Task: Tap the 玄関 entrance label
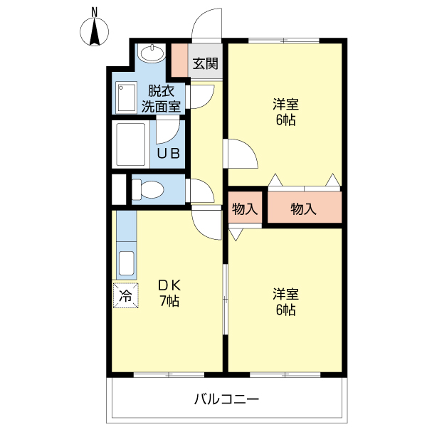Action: point(206,63)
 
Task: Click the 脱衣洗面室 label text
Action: point(161,99)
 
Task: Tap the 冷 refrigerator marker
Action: point(125,296)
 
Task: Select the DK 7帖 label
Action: point(169,292)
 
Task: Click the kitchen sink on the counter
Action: point(126,263)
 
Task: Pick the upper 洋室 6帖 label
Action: point(285,111)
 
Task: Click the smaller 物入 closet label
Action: point(245,209)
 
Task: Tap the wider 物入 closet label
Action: point(304,209)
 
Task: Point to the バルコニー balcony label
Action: point(227,399)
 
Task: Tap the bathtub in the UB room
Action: point(131,144)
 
